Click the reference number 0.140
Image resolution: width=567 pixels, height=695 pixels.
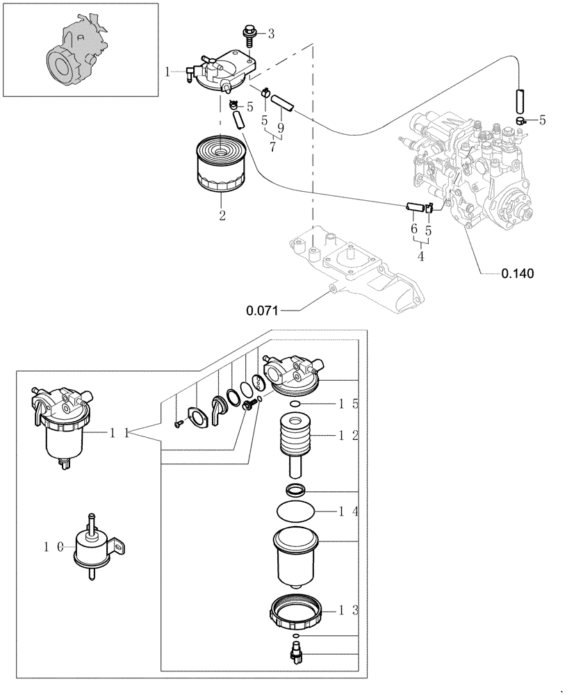518,273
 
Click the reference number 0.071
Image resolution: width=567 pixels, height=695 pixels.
262,311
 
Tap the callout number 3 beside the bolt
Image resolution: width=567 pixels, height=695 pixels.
271,33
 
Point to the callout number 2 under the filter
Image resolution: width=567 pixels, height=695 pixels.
222,215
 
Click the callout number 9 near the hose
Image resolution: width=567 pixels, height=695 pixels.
280,128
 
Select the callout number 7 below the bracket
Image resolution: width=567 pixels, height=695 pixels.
273,147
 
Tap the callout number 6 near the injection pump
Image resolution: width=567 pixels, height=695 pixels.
414,229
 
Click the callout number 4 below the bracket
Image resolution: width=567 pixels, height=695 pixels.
420,256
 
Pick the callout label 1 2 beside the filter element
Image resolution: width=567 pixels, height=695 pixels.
348,436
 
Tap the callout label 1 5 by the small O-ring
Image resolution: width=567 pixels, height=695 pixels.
348,403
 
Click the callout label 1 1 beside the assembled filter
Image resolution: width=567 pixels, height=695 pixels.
121,433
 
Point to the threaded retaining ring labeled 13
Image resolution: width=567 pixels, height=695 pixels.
297,612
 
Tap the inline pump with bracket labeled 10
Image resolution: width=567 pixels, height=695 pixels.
94,549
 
